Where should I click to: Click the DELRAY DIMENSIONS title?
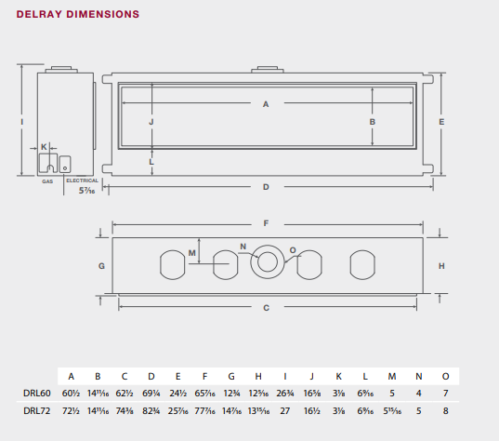point(78,15)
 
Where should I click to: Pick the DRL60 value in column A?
point(72,394)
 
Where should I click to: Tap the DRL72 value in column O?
point(445,409)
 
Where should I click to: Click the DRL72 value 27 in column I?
point(283,409)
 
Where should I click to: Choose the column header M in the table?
point(391,376)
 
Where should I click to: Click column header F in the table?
point(202,376)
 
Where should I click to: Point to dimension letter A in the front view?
point(266,103)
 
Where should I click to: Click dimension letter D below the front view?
point(266,187)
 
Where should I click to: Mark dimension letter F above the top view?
point(266,223)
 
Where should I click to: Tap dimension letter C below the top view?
point(266,307)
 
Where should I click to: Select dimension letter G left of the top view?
point(101,265)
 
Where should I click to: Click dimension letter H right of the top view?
point(441,265)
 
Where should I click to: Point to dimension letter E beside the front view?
point(441,122)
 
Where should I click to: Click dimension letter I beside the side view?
point(20,122)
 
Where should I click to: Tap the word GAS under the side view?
point(46,181)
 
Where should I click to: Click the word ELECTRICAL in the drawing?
point(82,180)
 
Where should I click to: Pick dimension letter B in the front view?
point(372,121)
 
